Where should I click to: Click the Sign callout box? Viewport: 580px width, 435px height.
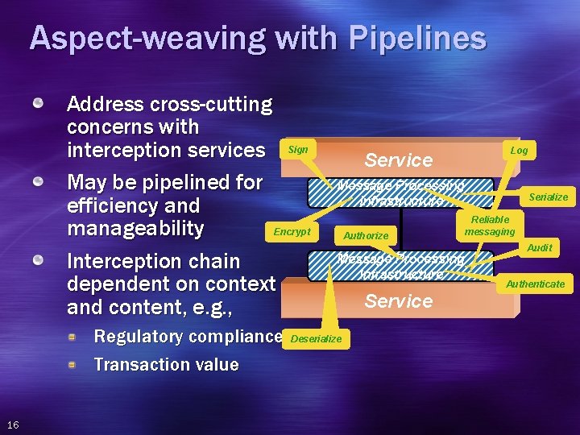(297, 150)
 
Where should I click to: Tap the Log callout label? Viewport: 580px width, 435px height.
(519, 151)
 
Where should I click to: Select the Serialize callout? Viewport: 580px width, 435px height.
(548, 197)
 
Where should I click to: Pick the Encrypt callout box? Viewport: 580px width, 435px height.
(292, 231)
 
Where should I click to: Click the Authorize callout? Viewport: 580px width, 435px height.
(366, 236)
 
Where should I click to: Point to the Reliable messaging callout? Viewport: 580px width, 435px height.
(490, 226)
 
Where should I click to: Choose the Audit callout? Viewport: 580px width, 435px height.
(539, 248)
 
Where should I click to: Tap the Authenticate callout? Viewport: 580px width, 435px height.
(535, 284)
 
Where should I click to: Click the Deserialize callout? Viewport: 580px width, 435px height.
(316, 339)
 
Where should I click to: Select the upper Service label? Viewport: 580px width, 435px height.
(399, 159)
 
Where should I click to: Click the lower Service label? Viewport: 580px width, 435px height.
(399, 300)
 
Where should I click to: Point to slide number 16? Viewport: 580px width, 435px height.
(14, 425)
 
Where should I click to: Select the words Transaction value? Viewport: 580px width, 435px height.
(166, 364)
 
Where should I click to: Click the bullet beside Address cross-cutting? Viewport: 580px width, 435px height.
(38, 104)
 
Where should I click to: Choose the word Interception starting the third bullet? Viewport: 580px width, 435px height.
(118, 261)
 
